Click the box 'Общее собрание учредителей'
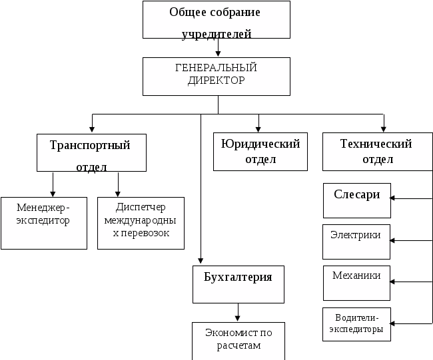(217, 19)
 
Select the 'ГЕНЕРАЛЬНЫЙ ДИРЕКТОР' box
(217, 77)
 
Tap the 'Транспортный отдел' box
(91, 153)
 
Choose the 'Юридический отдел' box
(260, 152)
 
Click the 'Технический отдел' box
(378, 152)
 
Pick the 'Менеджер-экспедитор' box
(44, 223)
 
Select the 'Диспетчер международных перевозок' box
(141, 223)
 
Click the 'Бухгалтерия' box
(238, 284)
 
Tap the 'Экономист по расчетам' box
(238, 341)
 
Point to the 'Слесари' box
(357, 200)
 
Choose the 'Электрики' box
(356, 242)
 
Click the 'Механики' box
(356, 283)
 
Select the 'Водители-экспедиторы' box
(356, 325)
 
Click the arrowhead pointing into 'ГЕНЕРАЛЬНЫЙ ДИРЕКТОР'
(218, 54)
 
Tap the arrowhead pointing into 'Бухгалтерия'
(201, 261)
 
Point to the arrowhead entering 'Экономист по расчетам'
(238, 318)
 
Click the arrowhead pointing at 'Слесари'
(392, 198)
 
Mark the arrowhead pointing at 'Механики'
(392, 281)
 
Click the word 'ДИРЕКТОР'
(217, 81)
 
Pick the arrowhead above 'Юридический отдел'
(258, 129)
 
